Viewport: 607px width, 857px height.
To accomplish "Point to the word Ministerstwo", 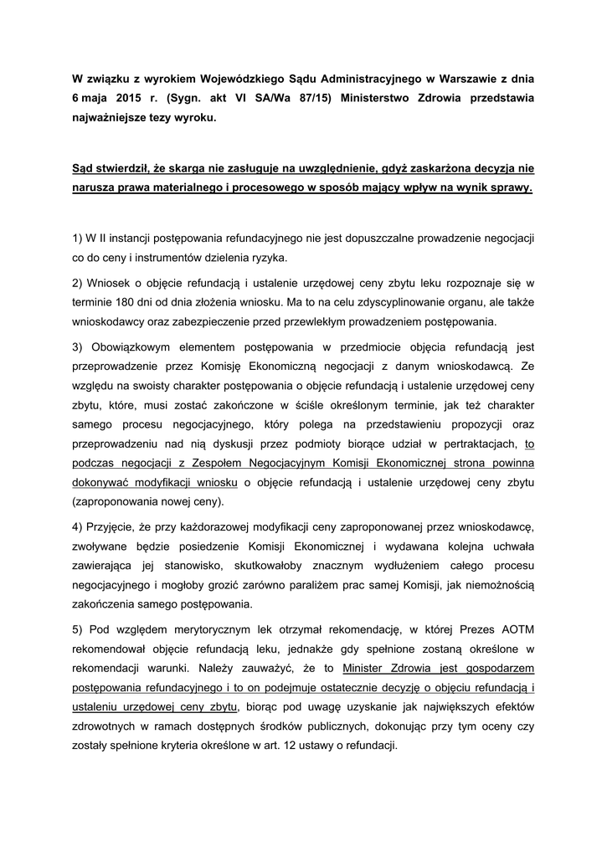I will click(373, 99).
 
